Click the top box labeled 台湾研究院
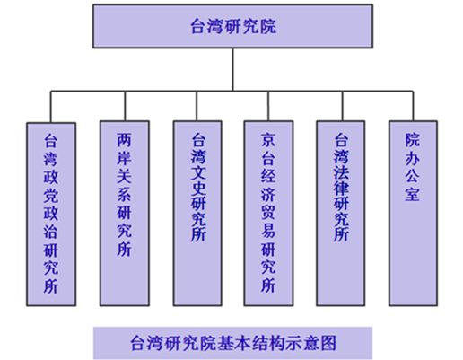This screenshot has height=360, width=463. click(232, 26)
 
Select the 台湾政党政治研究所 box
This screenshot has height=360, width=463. click(51, 215)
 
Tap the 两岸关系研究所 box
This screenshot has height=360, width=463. click(125, 214)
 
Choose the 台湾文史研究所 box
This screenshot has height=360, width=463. click(197, 214)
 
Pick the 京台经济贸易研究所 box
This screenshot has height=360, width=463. click(268, 214)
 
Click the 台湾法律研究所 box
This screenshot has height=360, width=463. click(341, 214)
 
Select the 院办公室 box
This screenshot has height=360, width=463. click(413, 214)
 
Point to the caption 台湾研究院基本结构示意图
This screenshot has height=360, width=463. click(233, 343)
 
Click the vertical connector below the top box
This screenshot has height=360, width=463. click(232, 69)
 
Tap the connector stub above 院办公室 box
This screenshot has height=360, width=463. click(413, 106)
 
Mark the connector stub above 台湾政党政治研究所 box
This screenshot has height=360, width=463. click(51, 107)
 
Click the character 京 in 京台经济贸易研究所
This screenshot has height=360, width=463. click(268, 140)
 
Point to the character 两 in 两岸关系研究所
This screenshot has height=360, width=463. click(124, 140)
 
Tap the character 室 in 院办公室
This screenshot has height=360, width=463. click(413, 194)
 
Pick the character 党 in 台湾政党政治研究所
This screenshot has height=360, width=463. click(51, 196)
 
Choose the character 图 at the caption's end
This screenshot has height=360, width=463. click(328, 343)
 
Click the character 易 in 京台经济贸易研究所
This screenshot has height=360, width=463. click(268, 230)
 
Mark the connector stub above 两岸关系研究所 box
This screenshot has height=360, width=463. click(125, 106)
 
